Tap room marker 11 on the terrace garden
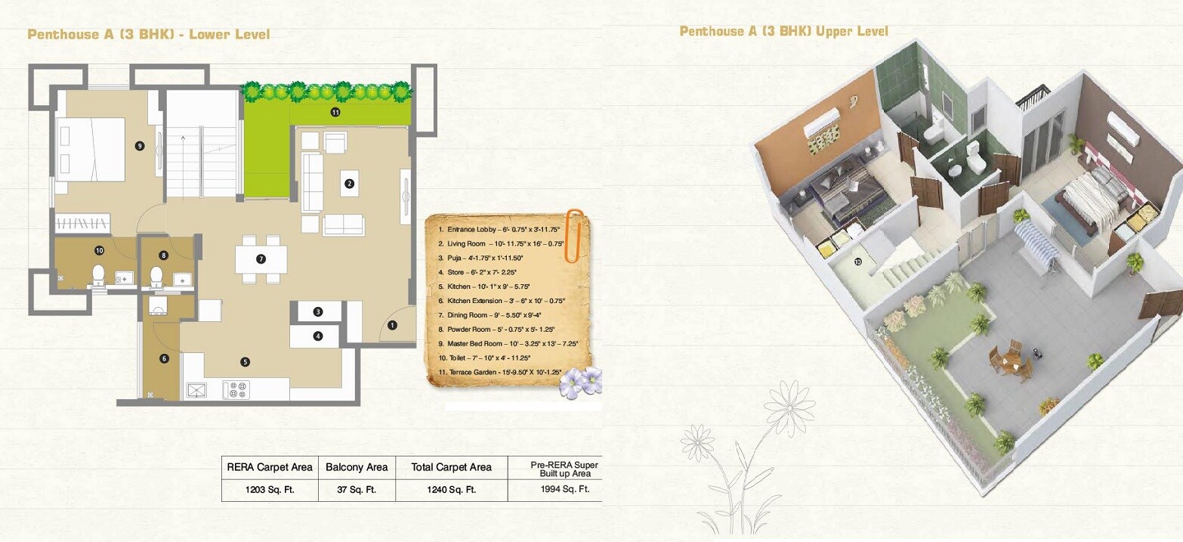(335, 112)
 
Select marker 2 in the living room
(349, 183)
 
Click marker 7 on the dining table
(261, 259)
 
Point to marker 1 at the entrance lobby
(392, 326)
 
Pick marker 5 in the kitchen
(245, 361)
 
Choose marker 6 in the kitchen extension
(164, 358)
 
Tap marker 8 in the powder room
(163, 256)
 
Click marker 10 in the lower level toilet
(98, 250)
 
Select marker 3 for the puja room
(318, 311)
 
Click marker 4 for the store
(318, 336)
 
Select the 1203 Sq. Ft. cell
(270, 489)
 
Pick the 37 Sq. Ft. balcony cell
(357, 489)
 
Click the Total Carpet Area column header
(451, 467)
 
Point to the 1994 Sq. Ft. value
(558, 489)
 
